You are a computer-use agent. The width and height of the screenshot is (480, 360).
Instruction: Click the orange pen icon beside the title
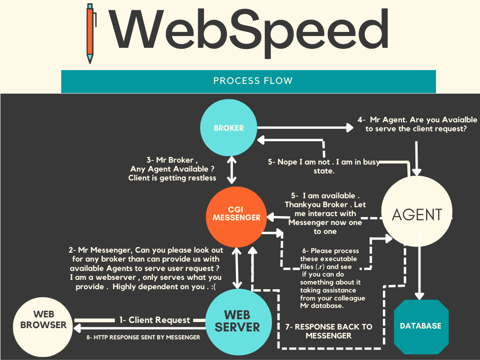click(x=90, y=34)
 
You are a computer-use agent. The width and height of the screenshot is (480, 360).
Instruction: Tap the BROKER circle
click(x=229, y=127)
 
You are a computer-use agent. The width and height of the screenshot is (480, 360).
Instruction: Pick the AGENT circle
click(x=417, y=214)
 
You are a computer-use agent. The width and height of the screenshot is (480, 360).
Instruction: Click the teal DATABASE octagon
click(x=420, y=326)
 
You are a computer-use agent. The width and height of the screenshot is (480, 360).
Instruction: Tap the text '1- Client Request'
click(x=154, y=320)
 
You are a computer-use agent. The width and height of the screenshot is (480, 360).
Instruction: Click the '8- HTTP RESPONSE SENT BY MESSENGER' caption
click(x=143, y=337)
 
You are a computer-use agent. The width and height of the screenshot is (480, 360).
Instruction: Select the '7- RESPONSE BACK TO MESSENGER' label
click(x=328, y=331)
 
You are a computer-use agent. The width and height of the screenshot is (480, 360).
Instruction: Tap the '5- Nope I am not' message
click(x=323, y=166)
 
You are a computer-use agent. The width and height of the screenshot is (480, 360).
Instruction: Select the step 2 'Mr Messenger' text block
click(x=146, y=268)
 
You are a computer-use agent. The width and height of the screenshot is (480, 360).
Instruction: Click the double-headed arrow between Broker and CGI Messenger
click(x=231, y=169)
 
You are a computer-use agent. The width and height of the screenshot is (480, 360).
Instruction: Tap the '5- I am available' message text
click(x=325, y=213)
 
